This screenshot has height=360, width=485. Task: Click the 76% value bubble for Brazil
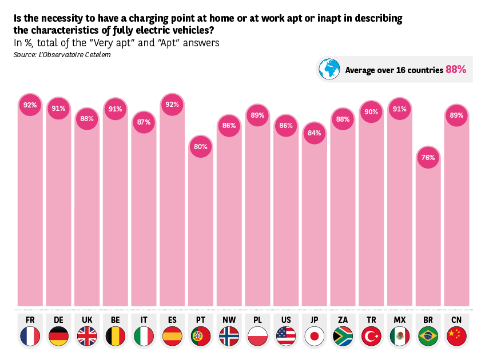pos(428,157)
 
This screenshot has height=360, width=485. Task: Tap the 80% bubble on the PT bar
pos(201,146)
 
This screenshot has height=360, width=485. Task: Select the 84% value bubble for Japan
pos(315,133)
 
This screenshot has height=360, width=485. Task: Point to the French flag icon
pos(30,336)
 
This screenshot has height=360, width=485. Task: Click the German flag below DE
pos(59,336)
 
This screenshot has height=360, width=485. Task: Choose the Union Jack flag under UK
pos(87,336)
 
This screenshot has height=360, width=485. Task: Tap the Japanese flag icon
pos(315,336)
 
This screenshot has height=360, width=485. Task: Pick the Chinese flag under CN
pos(456,336)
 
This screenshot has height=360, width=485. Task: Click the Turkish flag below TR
pos(371,336)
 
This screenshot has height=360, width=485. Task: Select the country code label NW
pos(229,319)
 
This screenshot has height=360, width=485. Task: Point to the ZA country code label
pos(343,319)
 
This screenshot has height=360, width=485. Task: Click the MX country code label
pos(400,319)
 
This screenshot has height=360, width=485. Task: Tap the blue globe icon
pos(330,70)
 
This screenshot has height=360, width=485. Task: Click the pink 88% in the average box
pos(456,70)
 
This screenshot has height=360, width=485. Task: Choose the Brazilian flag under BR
pos(428,336)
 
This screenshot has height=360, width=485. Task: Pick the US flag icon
pos(286,336)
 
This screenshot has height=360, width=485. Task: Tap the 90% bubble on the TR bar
pos(371,112)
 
